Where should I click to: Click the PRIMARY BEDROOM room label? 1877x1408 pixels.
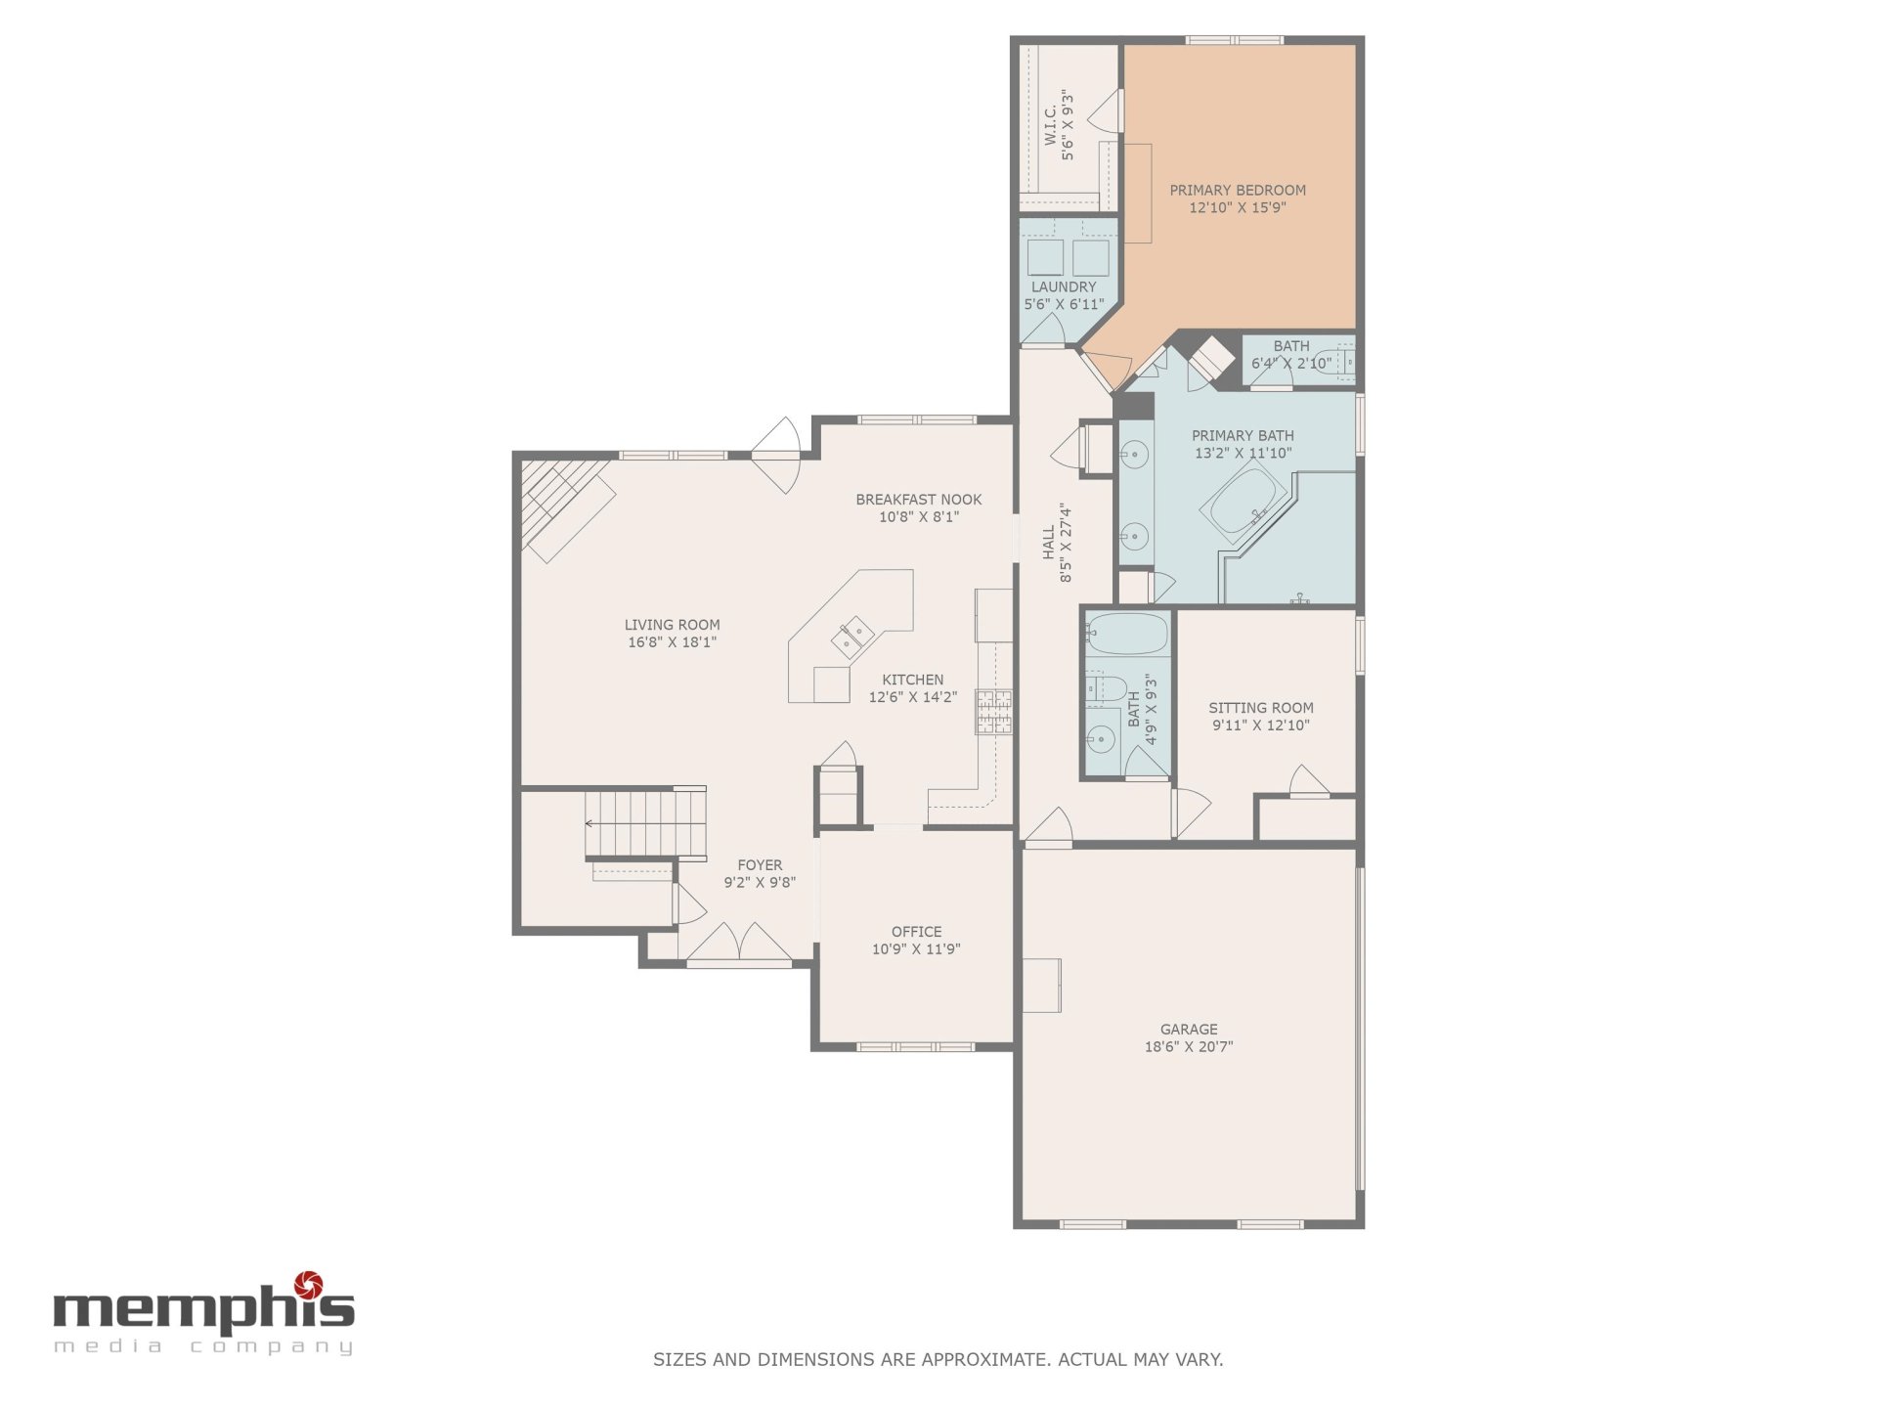tap(1238, 190)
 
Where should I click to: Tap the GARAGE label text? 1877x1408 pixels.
tap(1189, 1029)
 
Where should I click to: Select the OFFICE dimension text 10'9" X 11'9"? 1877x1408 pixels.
tap(916, 948)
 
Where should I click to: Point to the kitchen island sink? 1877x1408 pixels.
tap(852, 638)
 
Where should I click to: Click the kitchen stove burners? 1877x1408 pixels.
tap(993, 712)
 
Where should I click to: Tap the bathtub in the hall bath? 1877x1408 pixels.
tap(1127, 634)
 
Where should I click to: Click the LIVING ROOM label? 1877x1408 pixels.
tap(673, 625)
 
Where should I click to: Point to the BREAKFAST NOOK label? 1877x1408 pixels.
tap(919, 500)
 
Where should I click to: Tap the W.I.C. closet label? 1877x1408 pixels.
tap(1050, 126)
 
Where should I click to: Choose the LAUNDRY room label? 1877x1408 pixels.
tap(1064, 286)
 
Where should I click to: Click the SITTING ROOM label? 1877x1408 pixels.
tap(1261, 708)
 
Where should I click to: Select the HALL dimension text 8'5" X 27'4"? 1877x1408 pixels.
tap(1066, 544)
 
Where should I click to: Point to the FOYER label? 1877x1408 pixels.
tap(760, 865)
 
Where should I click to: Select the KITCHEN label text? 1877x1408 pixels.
tap(913, 680)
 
